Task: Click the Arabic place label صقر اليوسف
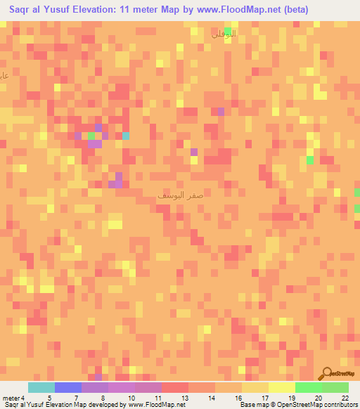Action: (x=181, y=197)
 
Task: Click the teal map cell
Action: (x=126, y=136)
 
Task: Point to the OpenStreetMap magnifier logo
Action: (x=328, y=374)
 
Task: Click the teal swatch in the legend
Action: (x=41, y=387)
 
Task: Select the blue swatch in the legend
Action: (x=67, y=387)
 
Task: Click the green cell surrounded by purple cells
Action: (x=91, y=135)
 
